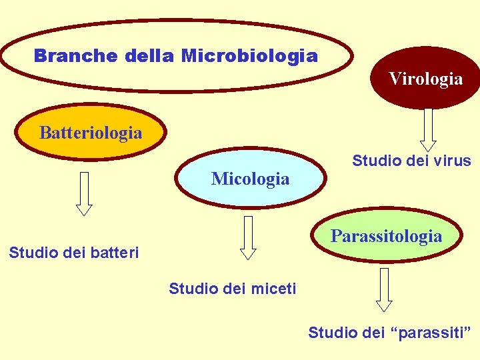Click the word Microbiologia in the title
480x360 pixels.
pyautogui.click(x=249, y=55)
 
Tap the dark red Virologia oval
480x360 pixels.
pyautogui.click(x=426, y=79)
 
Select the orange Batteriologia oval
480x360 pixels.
pyautogui.click(x=91, y=132)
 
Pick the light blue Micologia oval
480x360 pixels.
pyautogui.click(x=250, y=178)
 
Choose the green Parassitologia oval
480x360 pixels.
pyautogui.click(x=386, y=236)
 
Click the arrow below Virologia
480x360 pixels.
pyautogui.click(x=428, y=129)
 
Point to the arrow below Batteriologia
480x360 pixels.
pyautogui.click(x=83, y=193)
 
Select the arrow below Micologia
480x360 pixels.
pyautogui.click(x=248, y=237)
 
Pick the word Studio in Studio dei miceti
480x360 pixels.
pyautogui.click(x=192, y=289)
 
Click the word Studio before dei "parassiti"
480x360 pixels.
pyautogui.click(x=331, y=332)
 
